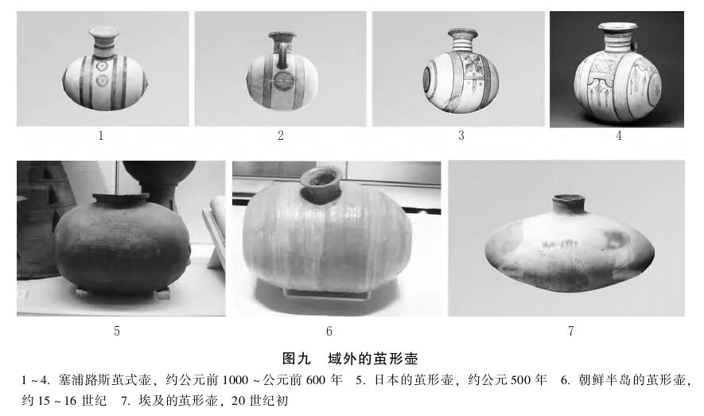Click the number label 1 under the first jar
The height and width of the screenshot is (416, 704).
point(101,136)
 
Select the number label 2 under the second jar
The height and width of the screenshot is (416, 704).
point(280,136)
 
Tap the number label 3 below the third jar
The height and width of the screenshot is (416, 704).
point(461,136)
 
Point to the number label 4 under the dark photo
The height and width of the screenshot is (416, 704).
point(617,136)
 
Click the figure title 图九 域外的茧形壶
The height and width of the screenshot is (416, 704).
point(350,358)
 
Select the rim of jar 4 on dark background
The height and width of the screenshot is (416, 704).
point(618,27)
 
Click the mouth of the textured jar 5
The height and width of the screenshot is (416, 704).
point(120,198)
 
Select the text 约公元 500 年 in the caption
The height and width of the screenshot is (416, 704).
point(508,380)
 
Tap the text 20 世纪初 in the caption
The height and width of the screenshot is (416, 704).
point(260,400)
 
